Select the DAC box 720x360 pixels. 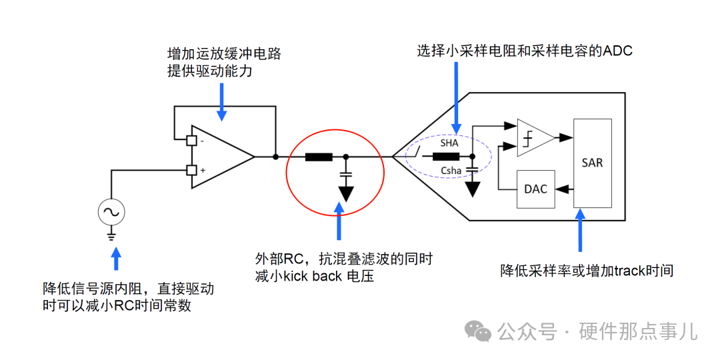pyautogui.click(x=535, y=189)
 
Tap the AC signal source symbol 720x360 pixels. pyautogui.click(x=111, y=212)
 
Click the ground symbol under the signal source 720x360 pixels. pyautogui.click(x=111, y=235)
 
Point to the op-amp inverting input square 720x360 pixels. pyautogui.click(x=191, y=141)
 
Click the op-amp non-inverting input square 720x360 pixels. pyautogui.click(x=191, y=170)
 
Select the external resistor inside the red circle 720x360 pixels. pyautogui.click(x=319, y=157)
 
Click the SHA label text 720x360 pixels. pyautogui.click(x=449, y=143)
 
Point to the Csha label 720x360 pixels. pyautogui.click(x=451, y=171)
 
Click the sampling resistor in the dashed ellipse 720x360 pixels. pyautogui.click(x=445, y=157)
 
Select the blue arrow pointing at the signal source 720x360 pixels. pyautogui.click(x=117, y=261)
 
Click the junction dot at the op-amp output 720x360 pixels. pyautogui.click(x=275, y=157)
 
